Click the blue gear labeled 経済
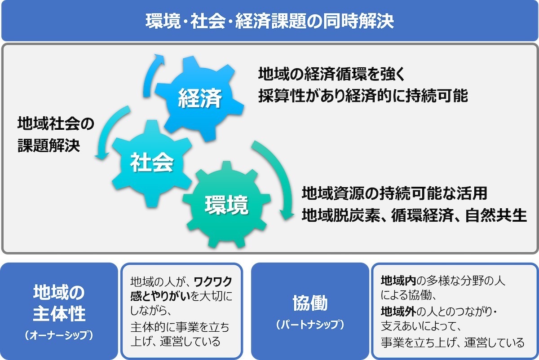[x=199, y=99]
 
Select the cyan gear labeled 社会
[x=152, y=163]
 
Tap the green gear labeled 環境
[x=226, y=205]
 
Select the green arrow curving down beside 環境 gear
[x=279, y=173]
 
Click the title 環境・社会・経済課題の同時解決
[x=269, y=21]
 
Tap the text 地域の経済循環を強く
[x=331, y=74]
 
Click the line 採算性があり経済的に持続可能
[x=363, y=96]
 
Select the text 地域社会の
[x=56, y=123]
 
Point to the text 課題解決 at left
[x=49, y=145]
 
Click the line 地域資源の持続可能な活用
[x=394, y=193]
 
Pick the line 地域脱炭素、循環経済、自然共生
[x=414, y=215]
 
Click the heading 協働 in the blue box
[x=310, y=303]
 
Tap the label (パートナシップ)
[x=310, y=325]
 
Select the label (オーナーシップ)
[x=59, y=335]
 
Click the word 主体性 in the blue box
[x=59, y=314]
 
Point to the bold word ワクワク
[x=213, y=281]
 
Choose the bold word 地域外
[x=398, y=312]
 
